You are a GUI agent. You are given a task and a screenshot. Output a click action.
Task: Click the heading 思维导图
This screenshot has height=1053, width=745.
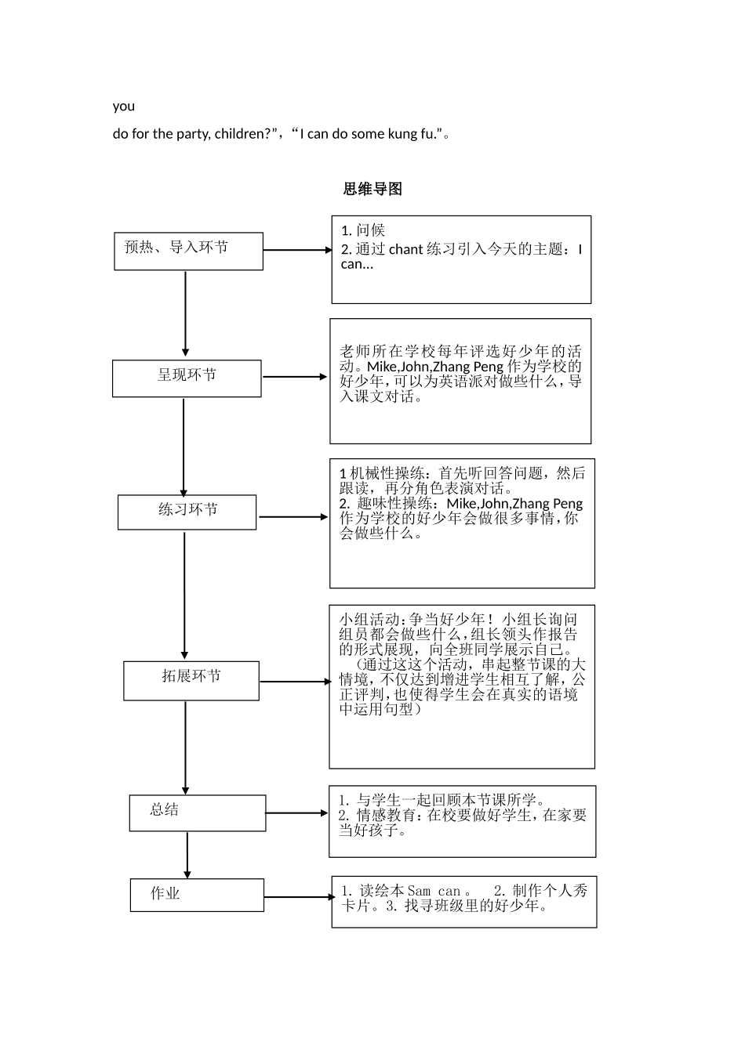372,189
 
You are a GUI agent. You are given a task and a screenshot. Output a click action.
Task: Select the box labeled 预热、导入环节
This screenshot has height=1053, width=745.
188,251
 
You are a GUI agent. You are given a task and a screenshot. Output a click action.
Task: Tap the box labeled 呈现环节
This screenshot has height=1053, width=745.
187,378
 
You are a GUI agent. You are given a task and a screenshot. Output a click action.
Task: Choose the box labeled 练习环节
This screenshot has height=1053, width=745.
187,512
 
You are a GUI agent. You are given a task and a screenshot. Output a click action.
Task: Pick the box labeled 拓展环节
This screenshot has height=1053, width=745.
191,680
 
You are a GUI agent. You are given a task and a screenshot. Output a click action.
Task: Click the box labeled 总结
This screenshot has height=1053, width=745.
197,812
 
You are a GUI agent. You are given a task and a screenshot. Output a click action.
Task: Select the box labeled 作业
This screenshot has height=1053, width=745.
197,895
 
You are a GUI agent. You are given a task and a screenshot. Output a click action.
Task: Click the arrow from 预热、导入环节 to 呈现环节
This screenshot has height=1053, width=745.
185,313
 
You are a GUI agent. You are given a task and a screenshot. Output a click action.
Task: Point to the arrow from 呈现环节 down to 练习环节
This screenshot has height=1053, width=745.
184,447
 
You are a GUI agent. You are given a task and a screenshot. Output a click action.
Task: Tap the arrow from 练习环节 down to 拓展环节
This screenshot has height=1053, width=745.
184,595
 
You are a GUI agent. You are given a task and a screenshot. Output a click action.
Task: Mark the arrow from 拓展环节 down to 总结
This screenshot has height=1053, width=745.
185,748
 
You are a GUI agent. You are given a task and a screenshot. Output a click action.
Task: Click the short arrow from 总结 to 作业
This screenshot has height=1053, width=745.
187,855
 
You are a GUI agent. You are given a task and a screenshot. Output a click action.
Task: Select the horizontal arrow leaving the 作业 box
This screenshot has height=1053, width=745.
299,897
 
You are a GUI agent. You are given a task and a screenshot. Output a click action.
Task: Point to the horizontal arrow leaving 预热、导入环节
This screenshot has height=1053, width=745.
297,250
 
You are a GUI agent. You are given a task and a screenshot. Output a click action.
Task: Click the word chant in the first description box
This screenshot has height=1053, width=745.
405,250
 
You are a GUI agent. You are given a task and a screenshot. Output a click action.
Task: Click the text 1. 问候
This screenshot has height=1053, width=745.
363,230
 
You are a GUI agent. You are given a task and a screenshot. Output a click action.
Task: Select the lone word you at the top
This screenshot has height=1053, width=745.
124,107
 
